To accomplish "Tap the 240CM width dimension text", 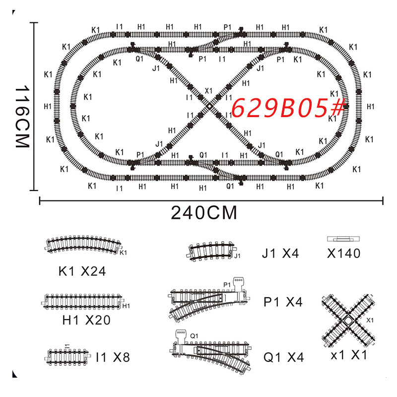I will [x=204, y=213].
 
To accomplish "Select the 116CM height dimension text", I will [x=21, y=116].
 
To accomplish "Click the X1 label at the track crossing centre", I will [x=208, y=91].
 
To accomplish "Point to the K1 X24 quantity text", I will [x=82, y=271].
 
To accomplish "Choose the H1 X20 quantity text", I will [x=86, y=320].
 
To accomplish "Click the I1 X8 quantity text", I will [x=113, y=357].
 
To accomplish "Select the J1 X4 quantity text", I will [x=280, y=254].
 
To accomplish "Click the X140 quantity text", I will [x=343, y=254].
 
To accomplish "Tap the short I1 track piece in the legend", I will [x=68, y=355].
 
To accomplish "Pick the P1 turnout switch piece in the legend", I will [x=208, y=300].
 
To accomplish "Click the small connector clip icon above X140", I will [x=344, y=239].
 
